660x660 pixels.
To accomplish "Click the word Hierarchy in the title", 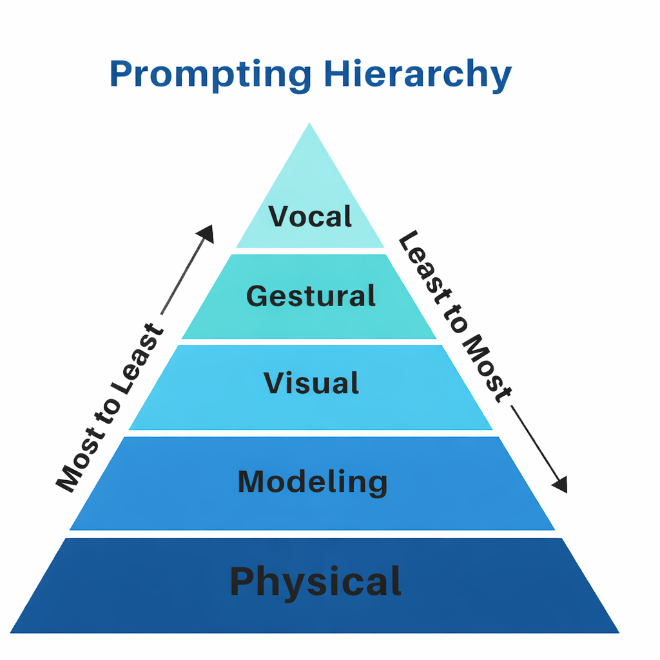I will [x=417, y=74].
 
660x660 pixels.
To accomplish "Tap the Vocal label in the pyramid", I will [x=311, y=217].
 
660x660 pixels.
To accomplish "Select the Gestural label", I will [x=311, y=296].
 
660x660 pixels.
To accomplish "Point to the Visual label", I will [x=311, y=383].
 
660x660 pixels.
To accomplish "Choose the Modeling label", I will [x=313, y=481].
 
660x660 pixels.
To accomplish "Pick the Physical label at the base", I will [x=316, y=581].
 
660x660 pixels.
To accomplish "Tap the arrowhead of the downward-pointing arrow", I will [x=560, y=485].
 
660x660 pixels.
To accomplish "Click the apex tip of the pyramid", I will [x=310, y=124].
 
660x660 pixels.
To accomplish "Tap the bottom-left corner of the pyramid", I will [x=12, y=632].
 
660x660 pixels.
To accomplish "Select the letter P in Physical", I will [x=242, y=581].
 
